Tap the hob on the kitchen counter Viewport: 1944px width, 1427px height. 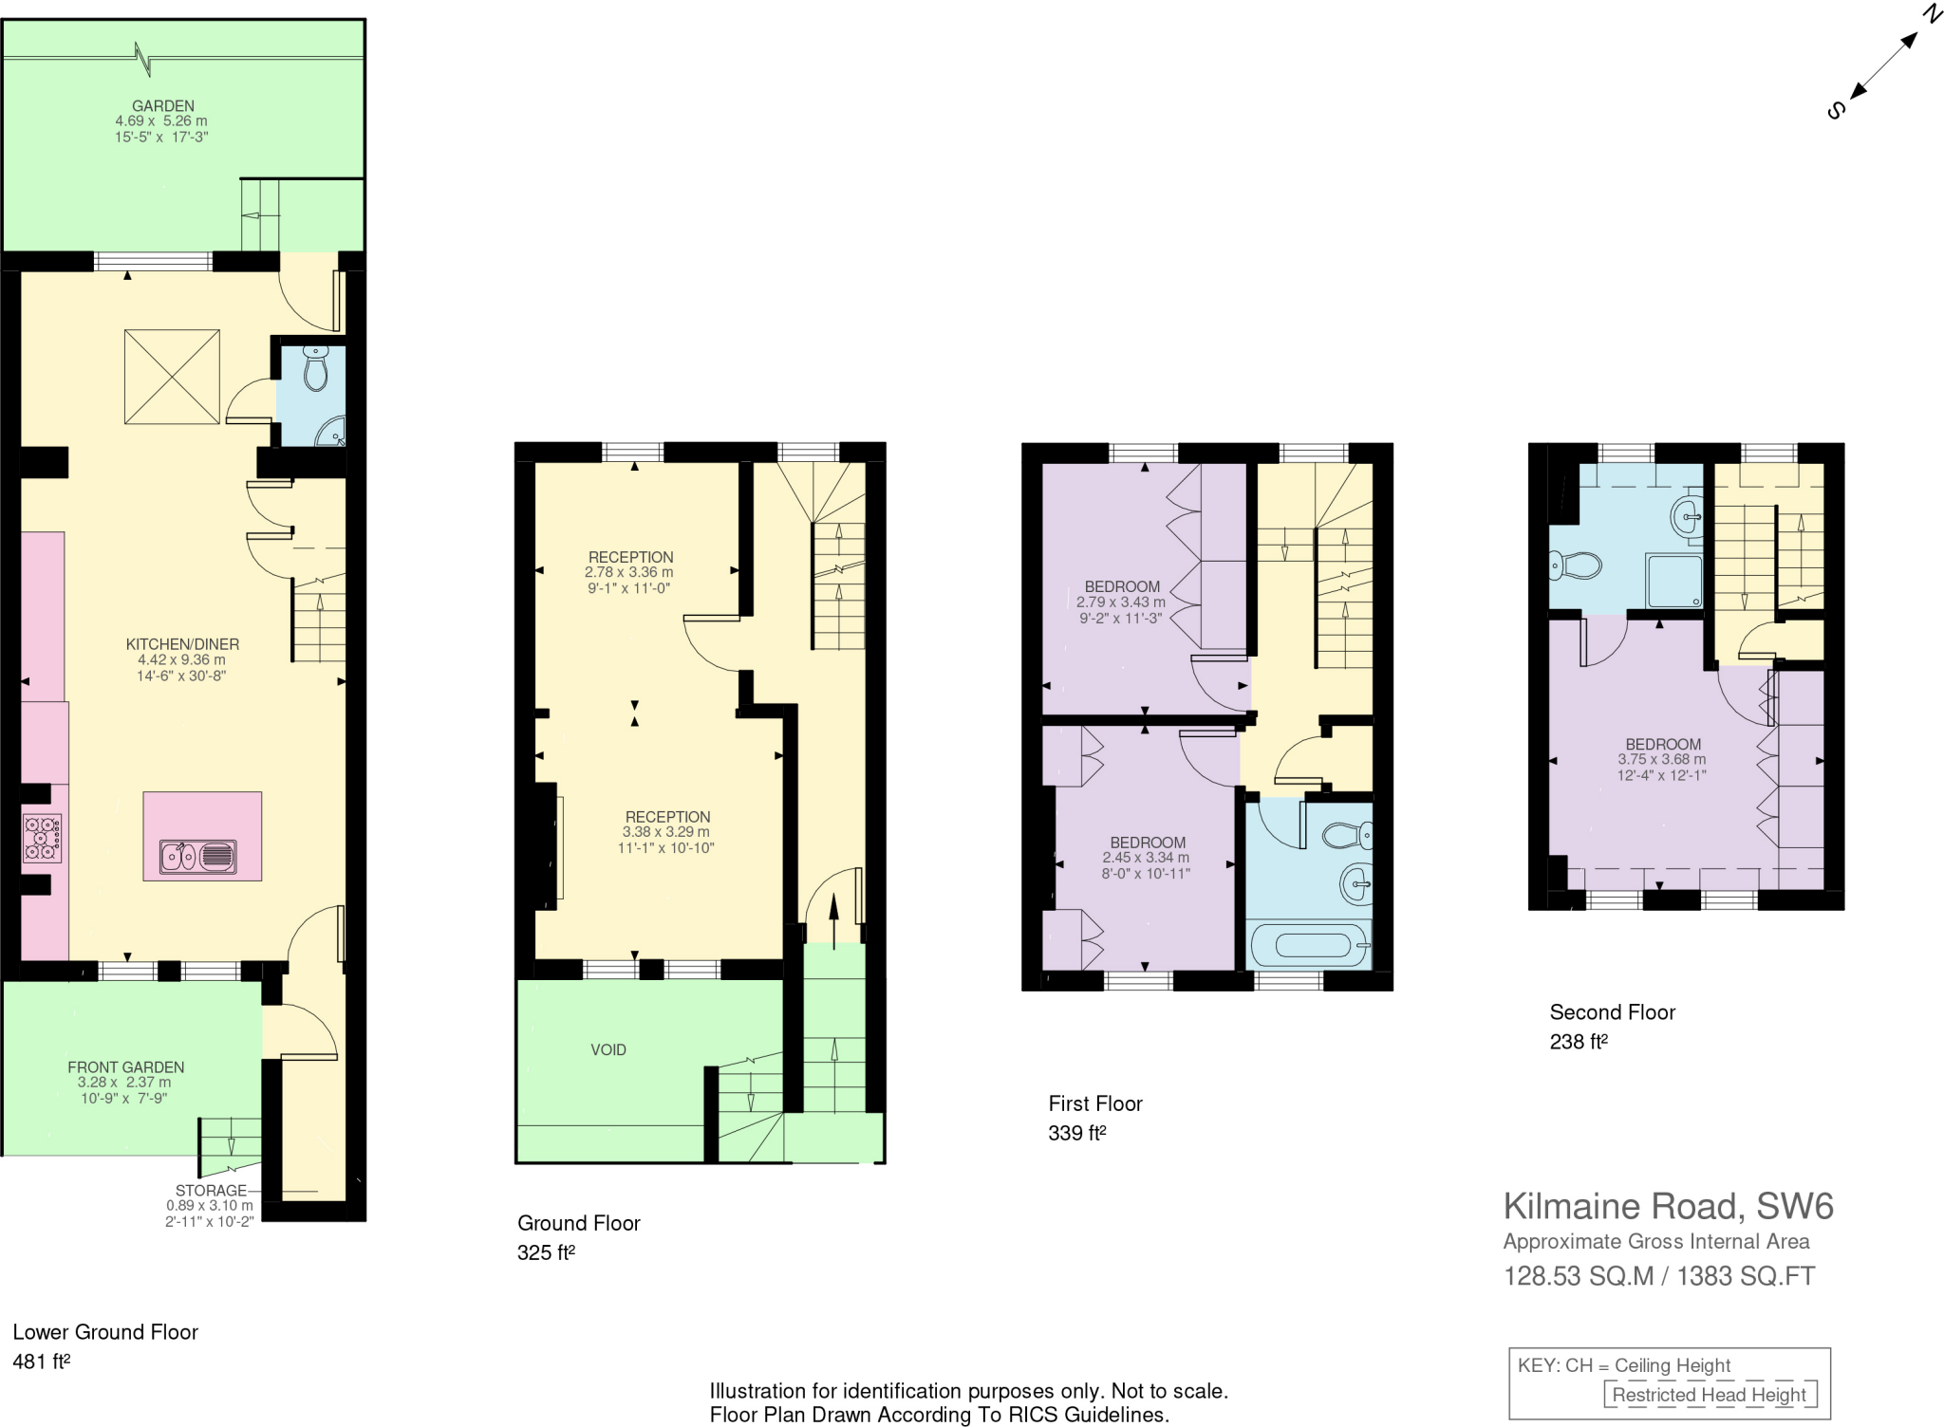point(42,839)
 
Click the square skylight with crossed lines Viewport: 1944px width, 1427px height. point(172,377)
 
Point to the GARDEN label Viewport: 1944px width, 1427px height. point(163,106)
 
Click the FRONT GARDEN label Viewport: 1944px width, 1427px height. point(125,1066)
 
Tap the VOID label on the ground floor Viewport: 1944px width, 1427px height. point(608,1049)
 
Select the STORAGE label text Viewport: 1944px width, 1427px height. point(211,1191)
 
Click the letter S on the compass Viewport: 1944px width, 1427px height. point(1836,110)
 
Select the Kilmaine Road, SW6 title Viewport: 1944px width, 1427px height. point(1668,1206)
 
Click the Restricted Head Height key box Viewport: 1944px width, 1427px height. point(1710,1395)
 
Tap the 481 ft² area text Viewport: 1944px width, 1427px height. point(42,1362)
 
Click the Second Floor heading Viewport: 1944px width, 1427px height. point(1612,1012)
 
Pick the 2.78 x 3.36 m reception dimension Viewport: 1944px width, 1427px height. point(628,572)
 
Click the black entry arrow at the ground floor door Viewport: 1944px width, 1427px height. point(834,909)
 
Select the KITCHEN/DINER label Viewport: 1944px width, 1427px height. point(182,644)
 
